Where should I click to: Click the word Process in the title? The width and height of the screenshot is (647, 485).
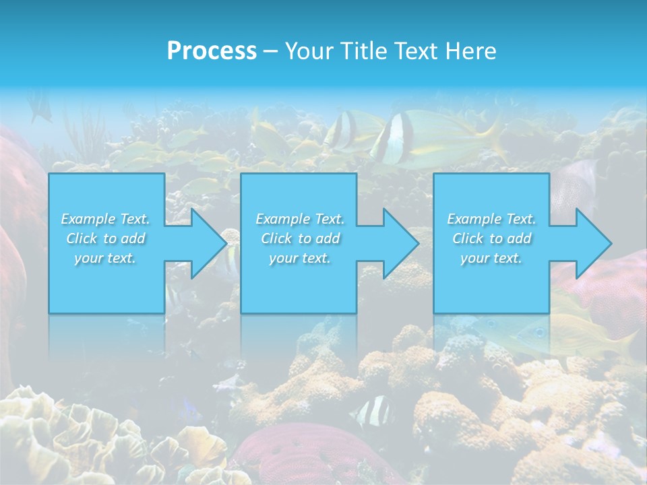pyautogui.click(x=212, y=51)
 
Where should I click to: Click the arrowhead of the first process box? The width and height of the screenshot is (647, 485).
pyautogui.click(x=206, y=243)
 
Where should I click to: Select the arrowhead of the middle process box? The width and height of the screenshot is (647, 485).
pyautogui.click(x=398, y=243)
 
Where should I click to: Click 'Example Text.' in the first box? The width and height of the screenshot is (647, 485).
pyautogui.click(x=105, y=219)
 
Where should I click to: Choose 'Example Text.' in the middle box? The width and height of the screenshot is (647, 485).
pyautogui.click(x=299, y=219)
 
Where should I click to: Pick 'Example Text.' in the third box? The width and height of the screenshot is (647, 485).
pyautogui.click(x=491, y=219)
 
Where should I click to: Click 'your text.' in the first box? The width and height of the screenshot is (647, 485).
pyautogui.click(x=105, y=258)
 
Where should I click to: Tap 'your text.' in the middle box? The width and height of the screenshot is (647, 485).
pyautogui.click(x=299, y=258)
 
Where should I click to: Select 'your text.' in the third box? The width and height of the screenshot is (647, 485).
pyautogui.click(x=491, y=258)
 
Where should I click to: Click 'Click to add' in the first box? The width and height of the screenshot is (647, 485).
pyautogui.click(x=105, y=238)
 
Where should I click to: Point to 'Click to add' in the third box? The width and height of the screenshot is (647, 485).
pyautogui.click(x=491, y=238)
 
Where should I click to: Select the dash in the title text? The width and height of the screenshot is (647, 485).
pyautogui.click(x=271, y=51)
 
